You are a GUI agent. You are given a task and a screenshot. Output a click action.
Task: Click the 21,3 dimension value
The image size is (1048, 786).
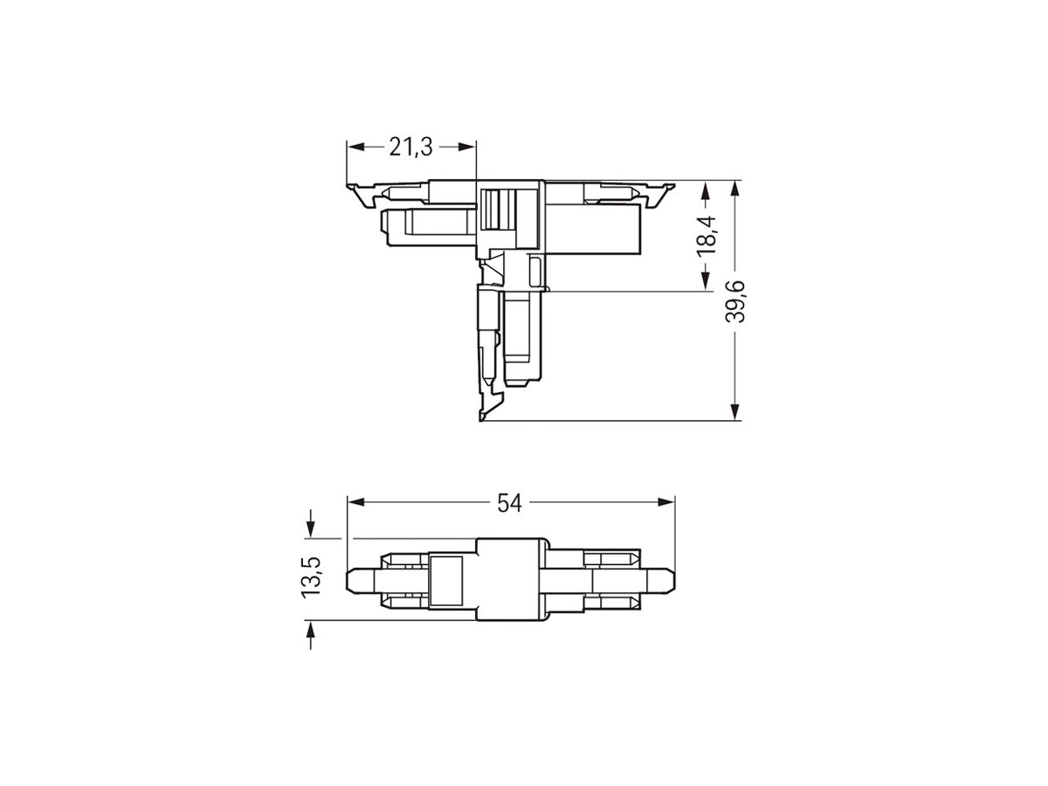click(410, 148)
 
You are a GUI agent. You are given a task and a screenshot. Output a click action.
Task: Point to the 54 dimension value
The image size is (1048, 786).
click(509, 502)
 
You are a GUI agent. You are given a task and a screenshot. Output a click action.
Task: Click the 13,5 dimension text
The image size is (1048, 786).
click(311, 577)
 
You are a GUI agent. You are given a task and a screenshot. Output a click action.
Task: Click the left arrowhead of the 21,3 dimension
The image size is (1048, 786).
click(354, 148)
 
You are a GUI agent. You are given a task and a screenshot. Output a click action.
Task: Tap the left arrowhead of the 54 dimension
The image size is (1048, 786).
click(355, 502)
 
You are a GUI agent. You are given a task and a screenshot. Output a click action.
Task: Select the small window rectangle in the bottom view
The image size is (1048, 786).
click(446, 579)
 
